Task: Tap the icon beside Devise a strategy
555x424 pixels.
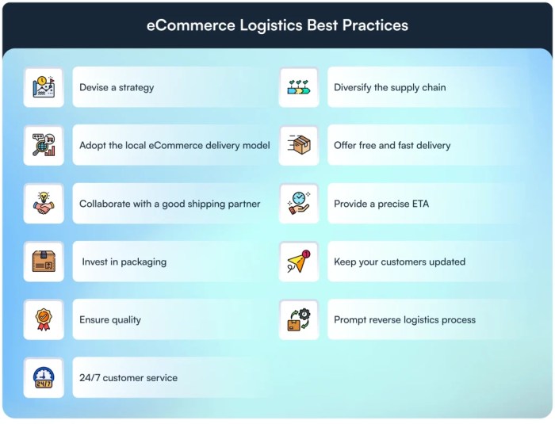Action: coord(44,87)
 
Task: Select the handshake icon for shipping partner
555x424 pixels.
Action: coord(44,204)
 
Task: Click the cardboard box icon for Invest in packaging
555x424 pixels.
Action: coord(44,262)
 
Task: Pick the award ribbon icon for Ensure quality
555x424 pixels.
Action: coord(44,319)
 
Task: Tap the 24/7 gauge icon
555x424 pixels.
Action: coord(44,378)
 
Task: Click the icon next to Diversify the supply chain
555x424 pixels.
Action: coord(299,87)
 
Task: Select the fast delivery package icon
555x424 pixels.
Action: coord(299,146)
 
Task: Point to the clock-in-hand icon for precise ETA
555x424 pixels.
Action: coord(299,204)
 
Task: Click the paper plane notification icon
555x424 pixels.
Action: coord(299,262)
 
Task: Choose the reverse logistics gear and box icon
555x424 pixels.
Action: coord(299,319)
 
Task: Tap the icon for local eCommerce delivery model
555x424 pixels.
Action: coord(44,146)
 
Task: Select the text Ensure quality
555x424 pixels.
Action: coord(110,320)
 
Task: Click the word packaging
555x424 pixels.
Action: coord(144,262)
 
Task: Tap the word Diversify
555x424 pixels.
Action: coord(354,88)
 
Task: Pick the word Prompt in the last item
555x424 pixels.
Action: coord(350,320)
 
